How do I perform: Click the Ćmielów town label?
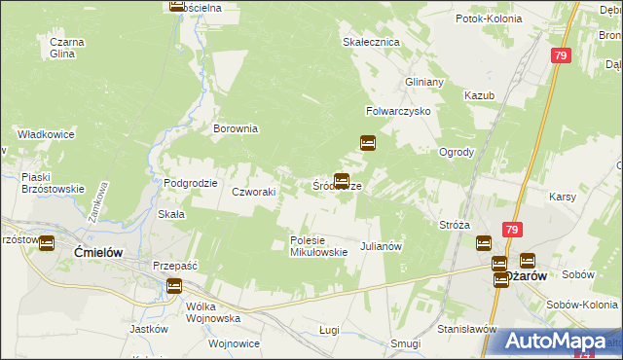96,251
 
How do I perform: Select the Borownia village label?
236,127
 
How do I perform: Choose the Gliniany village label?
424,82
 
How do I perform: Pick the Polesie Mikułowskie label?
318,246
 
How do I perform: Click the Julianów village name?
382,247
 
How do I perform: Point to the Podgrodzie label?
190,183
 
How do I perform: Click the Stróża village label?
455,225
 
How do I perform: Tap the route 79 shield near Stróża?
512,229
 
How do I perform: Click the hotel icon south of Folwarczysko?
368,143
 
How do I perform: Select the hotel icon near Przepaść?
173,286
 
